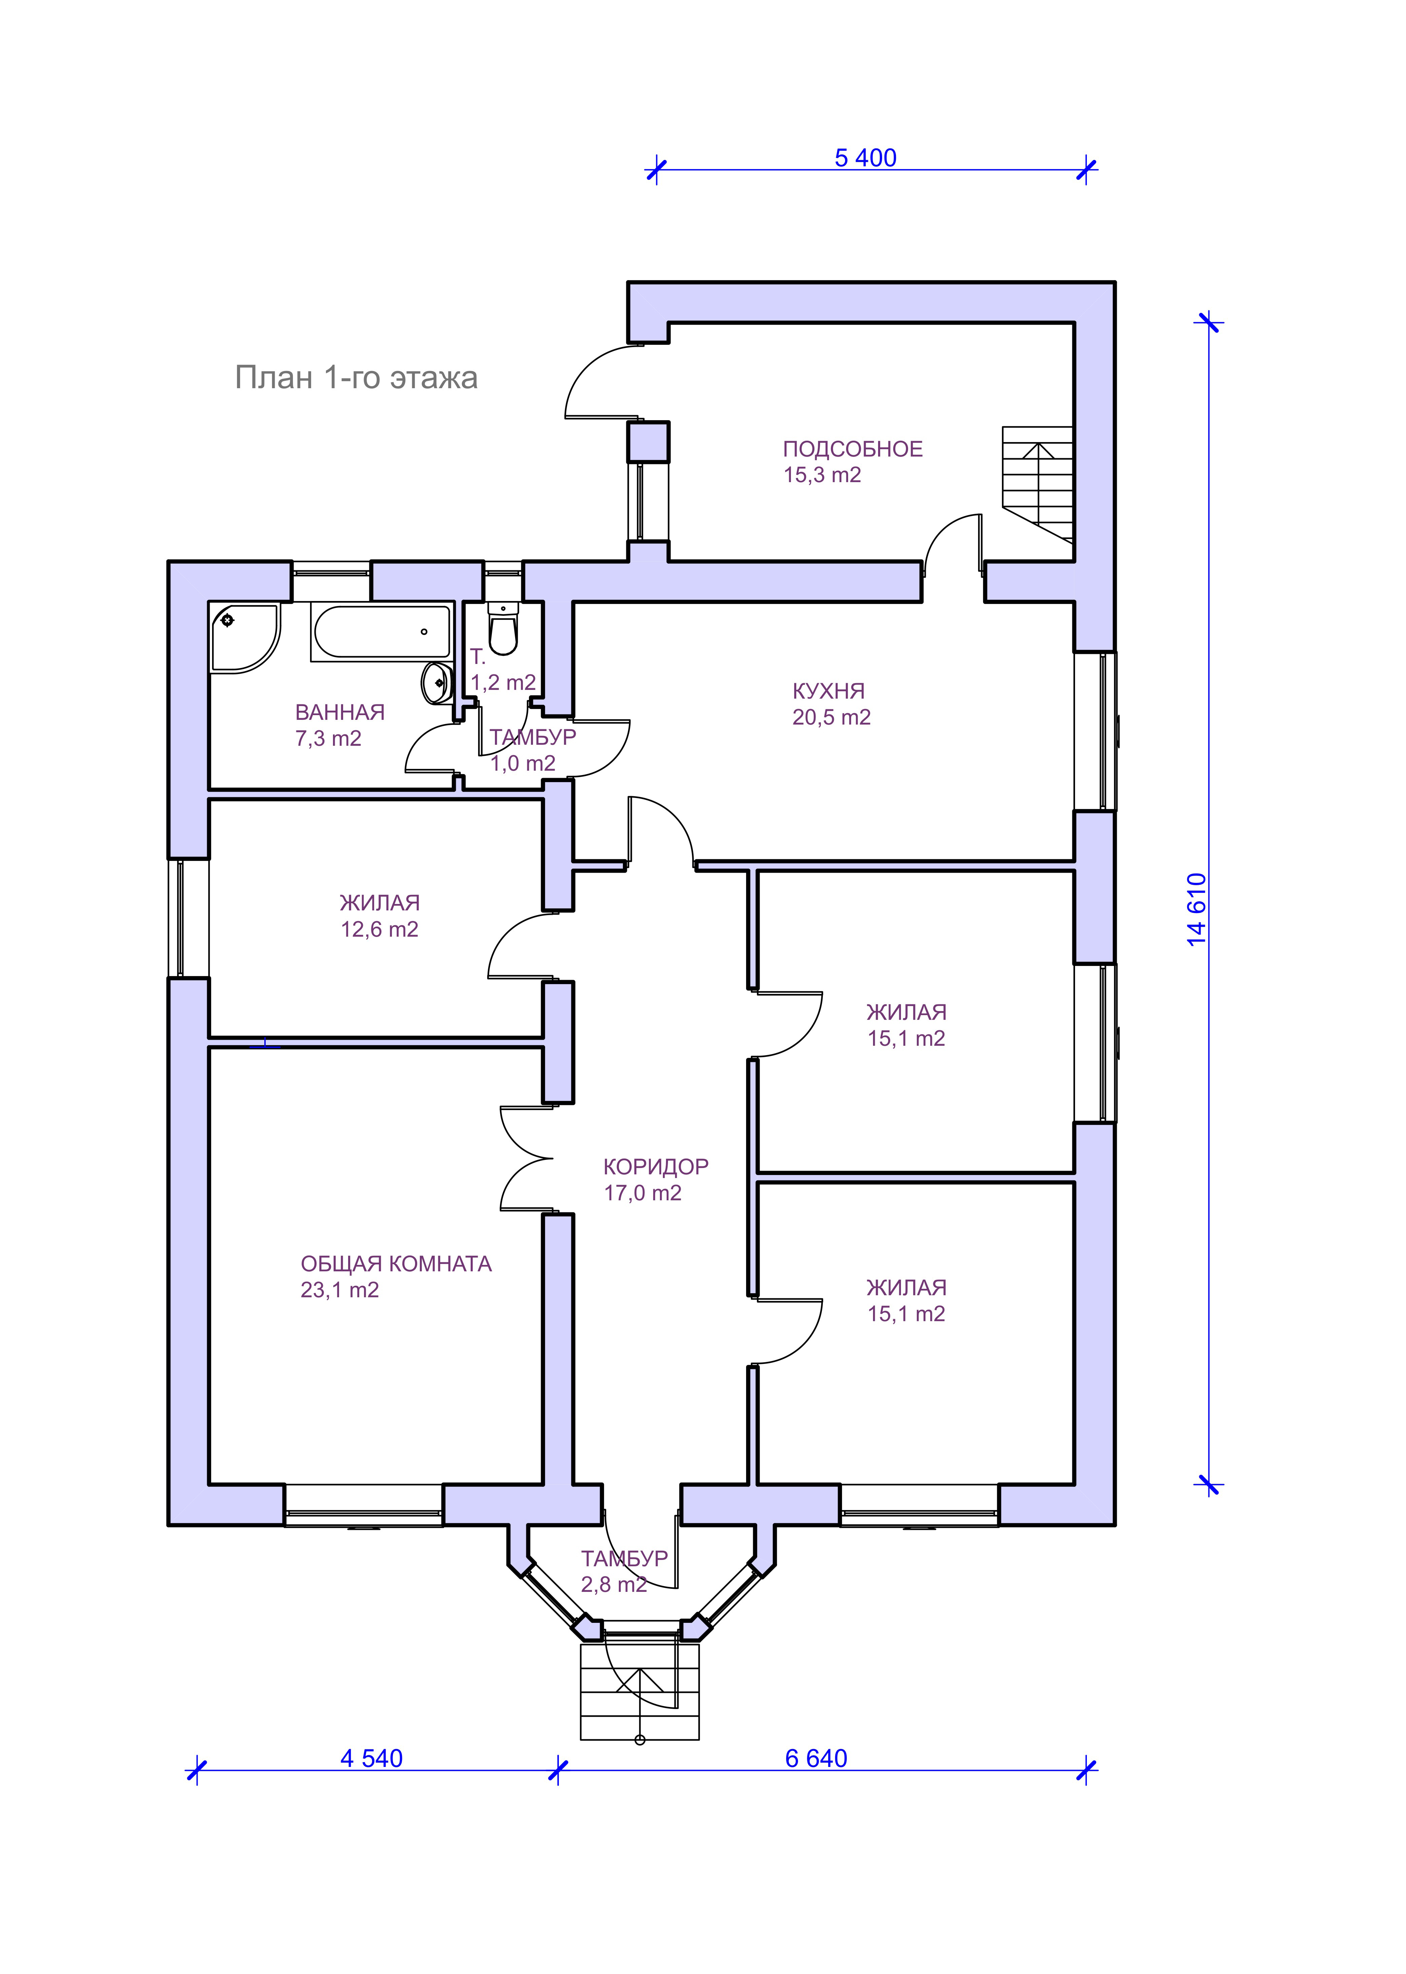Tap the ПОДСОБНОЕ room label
(853, 449)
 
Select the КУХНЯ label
(829, 691)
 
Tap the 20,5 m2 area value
(831, 718)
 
